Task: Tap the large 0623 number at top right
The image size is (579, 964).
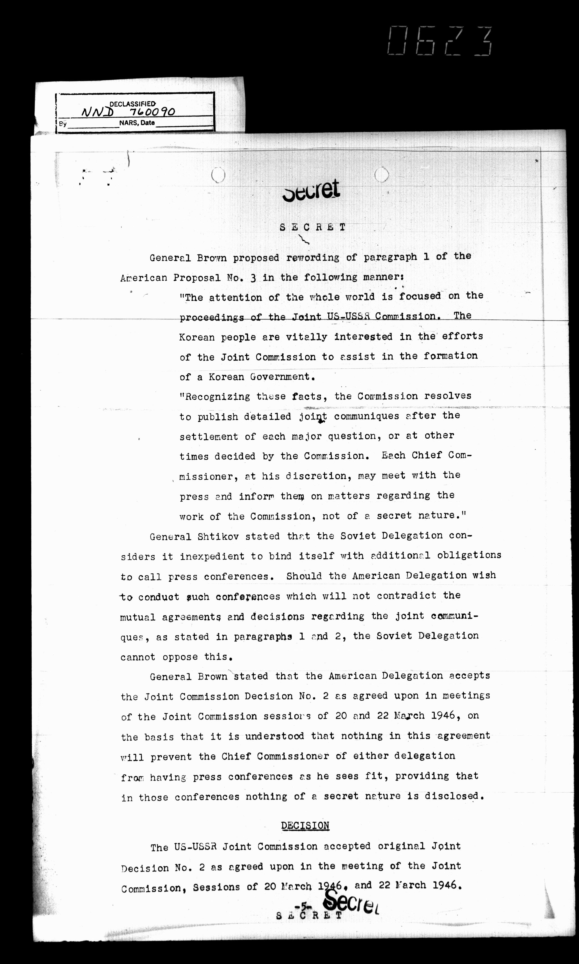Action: (440, 41)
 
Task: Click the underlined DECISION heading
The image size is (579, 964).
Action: (305, 826)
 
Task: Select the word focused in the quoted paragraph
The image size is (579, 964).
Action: (420, 296)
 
